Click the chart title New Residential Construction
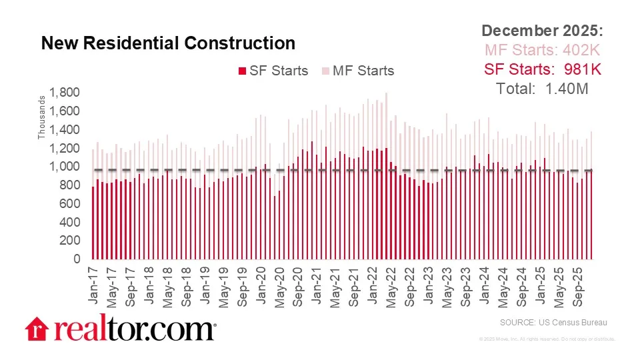coord(168,43)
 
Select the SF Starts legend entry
coord(274,71)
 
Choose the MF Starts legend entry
coord(359,71)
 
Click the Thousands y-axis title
coord(41,118)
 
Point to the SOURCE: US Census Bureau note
coord(554,323)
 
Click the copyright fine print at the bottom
coord(547,339)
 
